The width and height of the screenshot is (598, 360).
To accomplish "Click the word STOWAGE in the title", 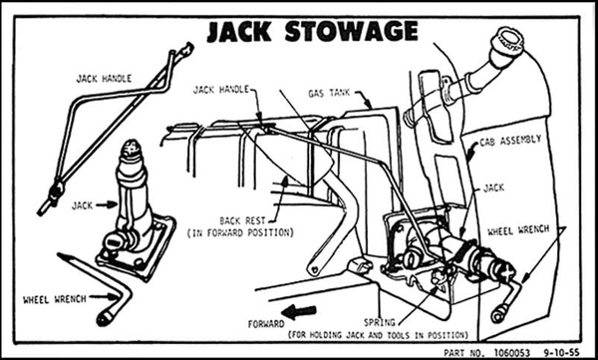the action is [351, 31].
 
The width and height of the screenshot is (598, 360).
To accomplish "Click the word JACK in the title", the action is [239, 32].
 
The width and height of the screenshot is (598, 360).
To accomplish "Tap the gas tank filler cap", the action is [507, 41].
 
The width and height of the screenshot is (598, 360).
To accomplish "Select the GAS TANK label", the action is [329, 93].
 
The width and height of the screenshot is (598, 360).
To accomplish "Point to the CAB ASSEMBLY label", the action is [510, 141].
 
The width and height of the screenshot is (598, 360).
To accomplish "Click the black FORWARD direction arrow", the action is [300, 312].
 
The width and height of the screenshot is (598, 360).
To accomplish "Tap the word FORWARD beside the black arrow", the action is [266, 324].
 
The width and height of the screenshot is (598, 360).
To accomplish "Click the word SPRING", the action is [380, 322].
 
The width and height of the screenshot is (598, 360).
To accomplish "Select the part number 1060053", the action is [512, 352].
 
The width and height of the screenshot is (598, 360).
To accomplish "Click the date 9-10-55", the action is [561, 352].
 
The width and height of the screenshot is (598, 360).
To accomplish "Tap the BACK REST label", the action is [242, 221].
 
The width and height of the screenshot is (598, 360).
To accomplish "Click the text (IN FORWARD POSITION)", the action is [240, 233].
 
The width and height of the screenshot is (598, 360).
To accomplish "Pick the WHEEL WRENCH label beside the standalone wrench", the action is [55, 300].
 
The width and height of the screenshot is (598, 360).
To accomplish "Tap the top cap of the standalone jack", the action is [131, 148].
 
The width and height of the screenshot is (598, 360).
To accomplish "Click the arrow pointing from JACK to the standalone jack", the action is [107, 205].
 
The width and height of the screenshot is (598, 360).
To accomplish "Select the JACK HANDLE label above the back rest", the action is [221, 90].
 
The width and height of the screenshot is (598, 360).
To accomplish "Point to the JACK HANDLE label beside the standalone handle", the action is [104, 79].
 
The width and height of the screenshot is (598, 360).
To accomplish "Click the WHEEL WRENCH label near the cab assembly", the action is [518, 230].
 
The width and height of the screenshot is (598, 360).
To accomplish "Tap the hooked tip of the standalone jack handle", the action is [186, 49].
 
